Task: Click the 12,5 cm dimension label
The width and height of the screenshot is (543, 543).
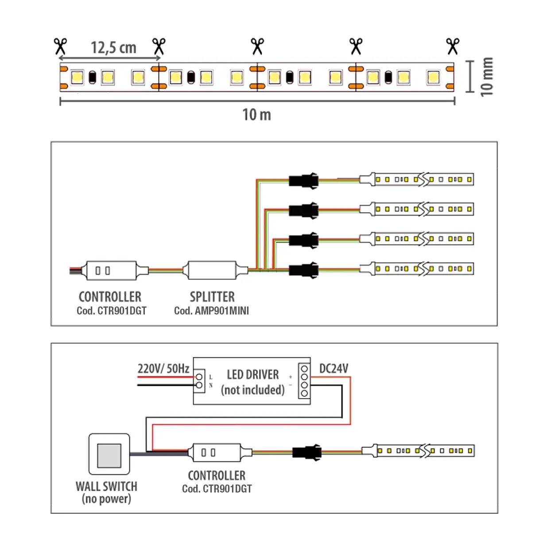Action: click(113, 48)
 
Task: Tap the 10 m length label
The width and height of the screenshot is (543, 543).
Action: click(256, 115)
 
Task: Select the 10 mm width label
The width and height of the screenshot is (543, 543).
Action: click(486, 76)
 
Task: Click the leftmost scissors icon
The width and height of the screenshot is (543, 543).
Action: click(60, 46)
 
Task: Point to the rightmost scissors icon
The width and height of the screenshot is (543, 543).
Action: click(452, 46)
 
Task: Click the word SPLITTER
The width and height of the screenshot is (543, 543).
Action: click(212, 297)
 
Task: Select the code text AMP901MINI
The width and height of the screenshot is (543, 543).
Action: click(221, 311)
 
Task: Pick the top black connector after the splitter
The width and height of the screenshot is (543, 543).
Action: click(303, 180)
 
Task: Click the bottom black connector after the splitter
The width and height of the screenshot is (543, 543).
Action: click(303, 270)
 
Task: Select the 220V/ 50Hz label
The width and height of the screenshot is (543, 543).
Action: click(163, 368)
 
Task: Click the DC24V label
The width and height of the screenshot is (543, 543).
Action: click(334, 368)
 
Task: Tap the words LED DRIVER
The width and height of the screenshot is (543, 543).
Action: click(252, 375)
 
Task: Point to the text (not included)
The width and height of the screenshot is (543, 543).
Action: click(252, 390)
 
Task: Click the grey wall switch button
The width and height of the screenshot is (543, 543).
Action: click(109, 454)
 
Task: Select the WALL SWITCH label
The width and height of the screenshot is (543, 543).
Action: click(106, 486)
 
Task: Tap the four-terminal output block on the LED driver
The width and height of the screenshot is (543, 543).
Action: click(304, 381)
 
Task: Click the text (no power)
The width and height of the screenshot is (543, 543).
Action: click(106, 499)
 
